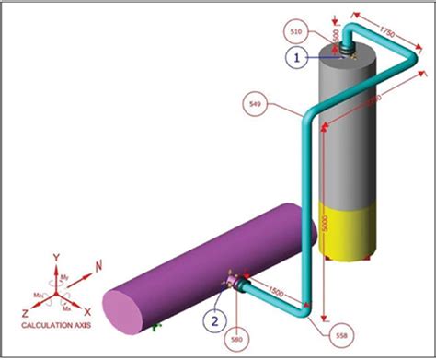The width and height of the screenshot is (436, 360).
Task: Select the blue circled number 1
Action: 297,57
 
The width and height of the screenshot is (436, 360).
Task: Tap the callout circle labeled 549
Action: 255,106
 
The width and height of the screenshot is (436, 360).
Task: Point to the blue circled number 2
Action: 213,321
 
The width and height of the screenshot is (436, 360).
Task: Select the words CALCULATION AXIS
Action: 54,325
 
